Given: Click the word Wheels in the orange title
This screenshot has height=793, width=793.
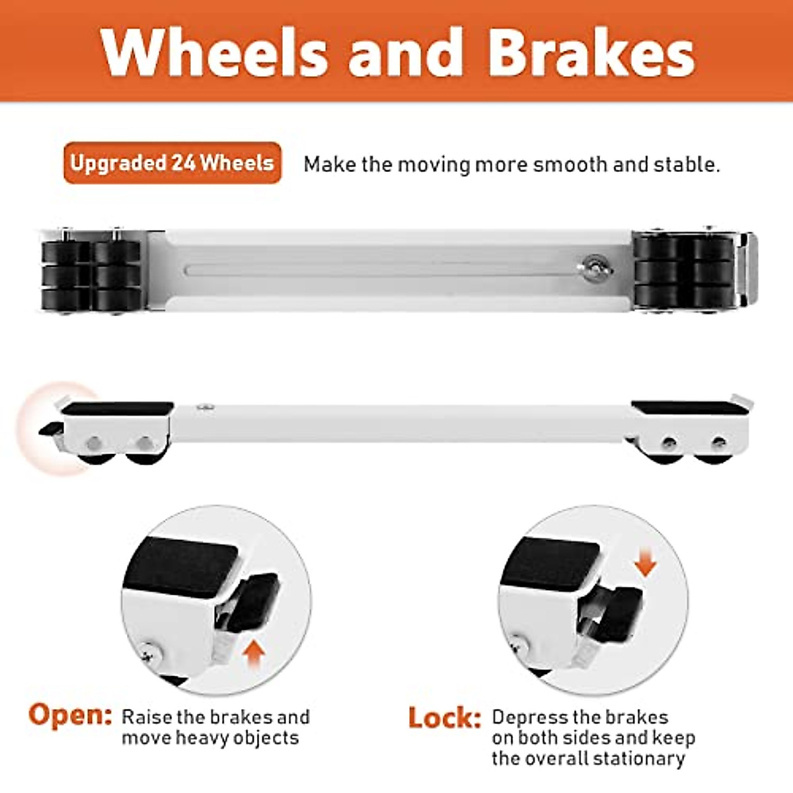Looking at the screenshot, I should click(215, 52).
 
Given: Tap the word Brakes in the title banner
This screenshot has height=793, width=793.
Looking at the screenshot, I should click(591, 52).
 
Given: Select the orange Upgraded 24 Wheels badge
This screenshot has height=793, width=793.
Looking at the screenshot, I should click(172, 163).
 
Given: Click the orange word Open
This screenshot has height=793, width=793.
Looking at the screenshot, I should click(70, 715).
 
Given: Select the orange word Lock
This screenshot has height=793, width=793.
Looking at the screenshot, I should click(444, 718).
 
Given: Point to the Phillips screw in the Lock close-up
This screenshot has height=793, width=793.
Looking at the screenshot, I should click(521, 640).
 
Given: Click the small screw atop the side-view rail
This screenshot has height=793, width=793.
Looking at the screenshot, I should click(206, 409).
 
